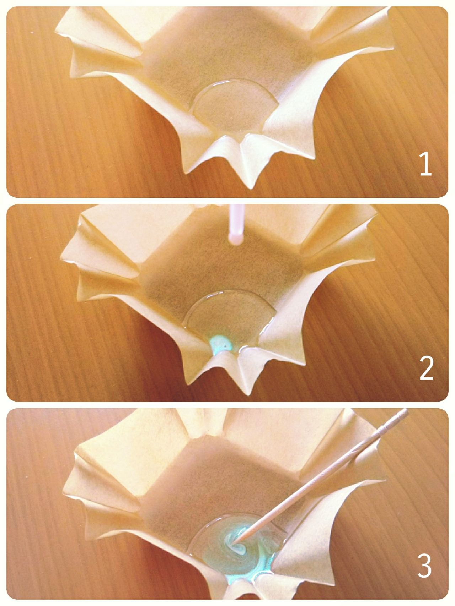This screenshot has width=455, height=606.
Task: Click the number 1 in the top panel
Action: (x=425, y=164)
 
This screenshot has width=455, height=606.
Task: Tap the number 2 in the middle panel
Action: (x=426, y=368)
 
